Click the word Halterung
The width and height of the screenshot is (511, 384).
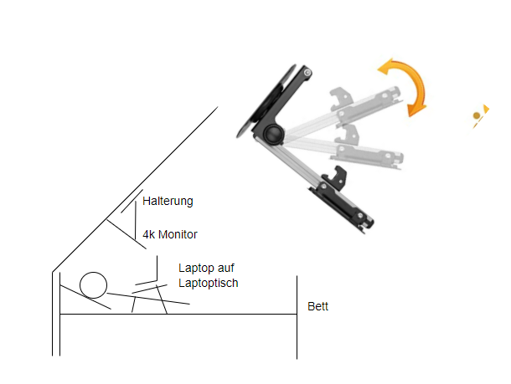point(168,201)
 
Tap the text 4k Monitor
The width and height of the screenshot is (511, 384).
point(170,234)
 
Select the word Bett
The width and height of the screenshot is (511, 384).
point(317,306)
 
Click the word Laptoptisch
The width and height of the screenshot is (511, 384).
point(209,283)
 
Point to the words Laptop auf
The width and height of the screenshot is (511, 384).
point(206,268)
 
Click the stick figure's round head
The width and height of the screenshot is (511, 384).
point(93,285)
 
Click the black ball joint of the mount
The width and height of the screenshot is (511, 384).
point(273,133)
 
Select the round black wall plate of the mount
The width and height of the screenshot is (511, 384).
point(265,101)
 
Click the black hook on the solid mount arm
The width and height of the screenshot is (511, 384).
point(336,177)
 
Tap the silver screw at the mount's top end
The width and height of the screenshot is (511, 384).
point(307,73)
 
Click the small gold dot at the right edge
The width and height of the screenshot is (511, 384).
point(477,115)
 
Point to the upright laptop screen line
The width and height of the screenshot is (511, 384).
point(157,268)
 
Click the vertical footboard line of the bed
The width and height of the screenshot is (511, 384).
point(297,317)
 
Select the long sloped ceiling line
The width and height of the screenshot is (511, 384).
point(135,189)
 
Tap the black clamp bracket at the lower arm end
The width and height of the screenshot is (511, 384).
point(342,207)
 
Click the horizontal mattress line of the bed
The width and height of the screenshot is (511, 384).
point(178,314)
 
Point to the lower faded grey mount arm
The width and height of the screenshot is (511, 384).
point(345,150)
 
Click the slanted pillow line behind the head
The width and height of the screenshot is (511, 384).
point(85,297)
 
